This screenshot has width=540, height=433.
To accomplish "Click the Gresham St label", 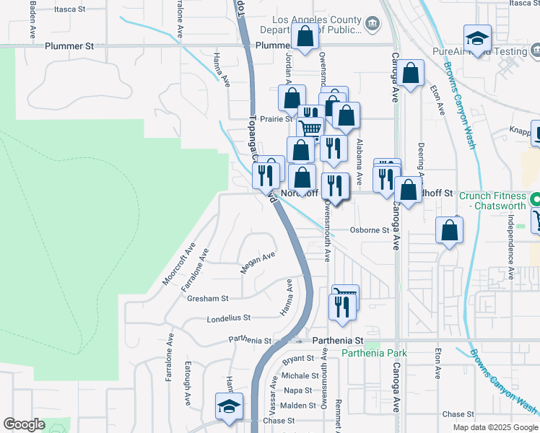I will (207, 298).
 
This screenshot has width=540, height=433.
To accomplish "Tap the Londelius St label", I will (228, 318).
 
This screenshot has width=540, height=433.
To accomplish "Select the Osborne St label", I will (369, 231).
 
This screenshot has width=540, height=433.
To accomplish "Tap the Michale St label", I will (300, 376).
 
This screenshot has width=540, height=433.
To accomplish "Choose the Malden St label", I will (297, 405).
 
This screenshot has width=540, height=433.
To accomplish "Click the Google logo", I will (24, 424).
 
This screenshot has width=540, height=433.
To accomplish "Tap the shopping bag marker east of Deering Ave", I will (449, 231).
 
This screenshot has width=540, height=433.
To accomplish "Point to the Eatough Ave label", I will (187, 386).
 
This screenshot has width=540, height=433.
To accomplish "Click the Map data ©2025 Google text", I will (495, 427).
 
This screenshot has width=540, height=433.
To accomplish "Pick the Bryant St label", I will (299, 359).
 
